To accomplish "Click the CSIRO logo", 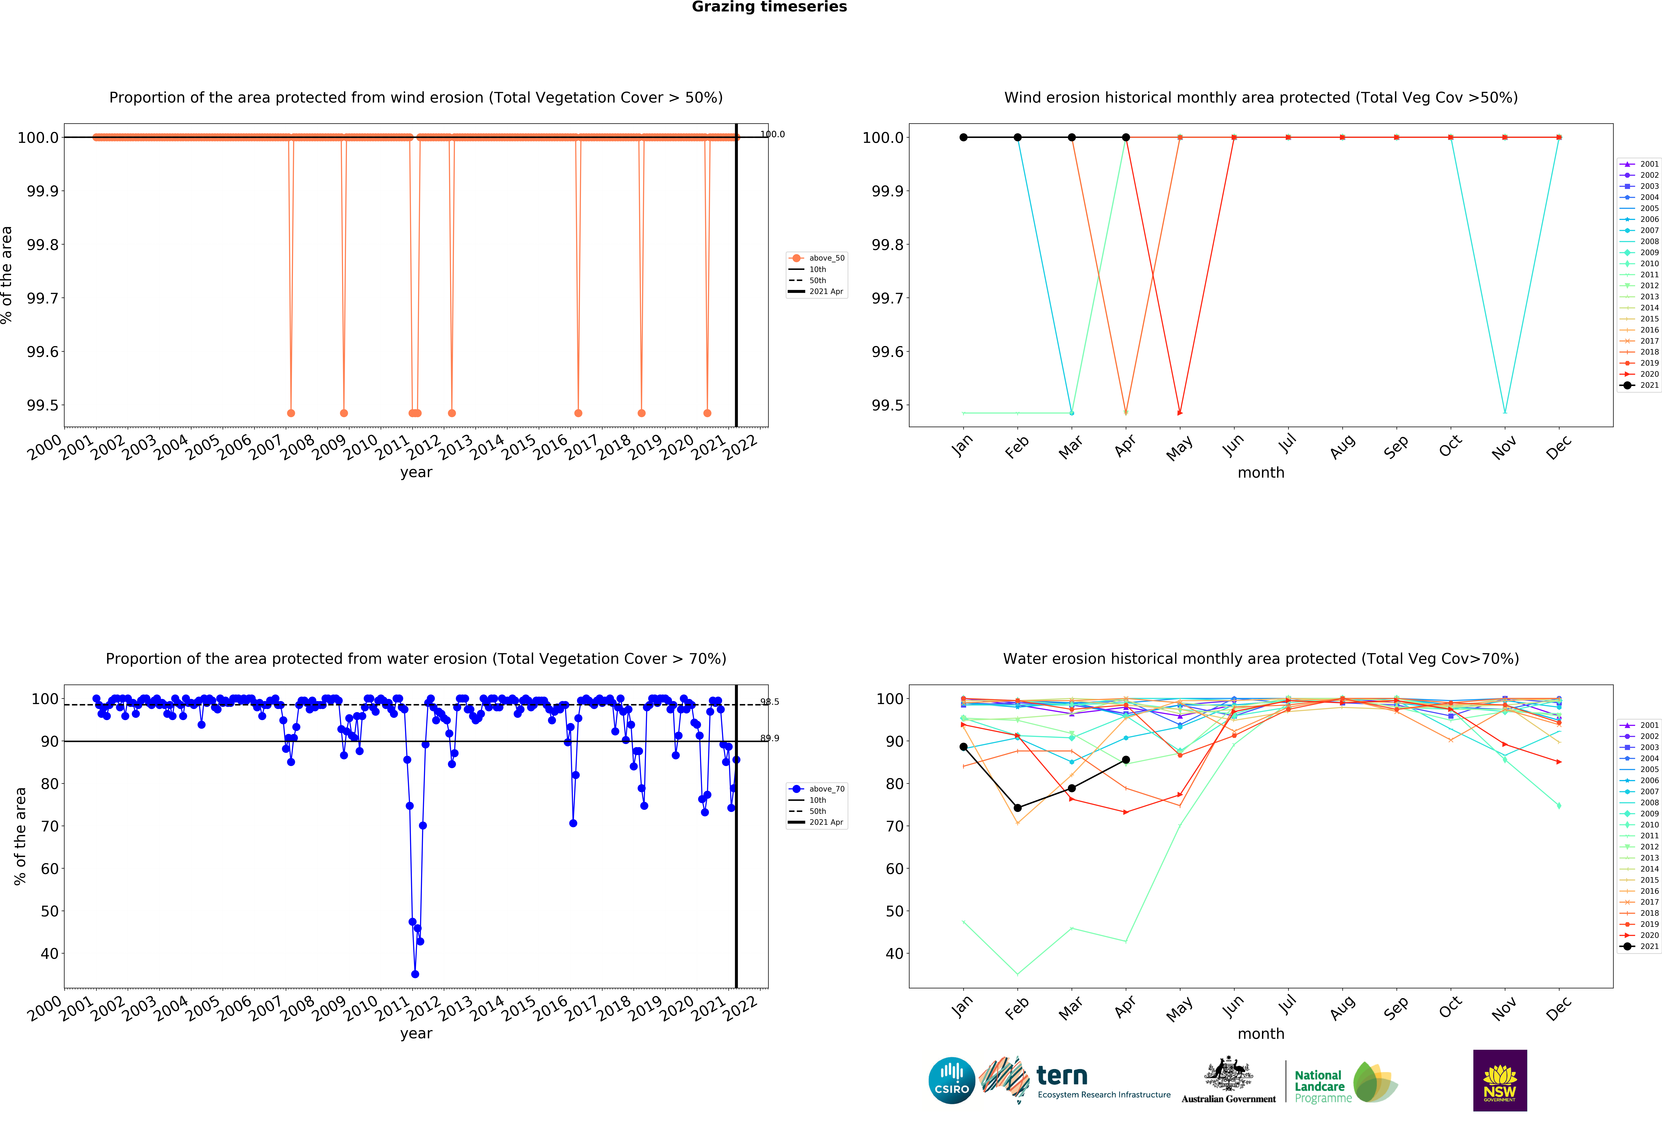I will (951, 1080).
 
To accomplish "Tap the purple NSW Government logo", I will (1500, 1080).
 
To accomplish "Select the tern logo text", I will (1062, 1075).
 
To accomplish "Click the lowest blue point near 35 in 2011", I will (415, 974).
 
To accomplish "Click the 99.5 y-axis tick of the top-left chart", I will (43, 405).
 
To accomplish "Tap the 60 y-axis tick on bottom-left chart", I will (49, 869).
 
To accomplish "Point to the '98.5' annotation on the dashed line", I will (770, 702).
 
